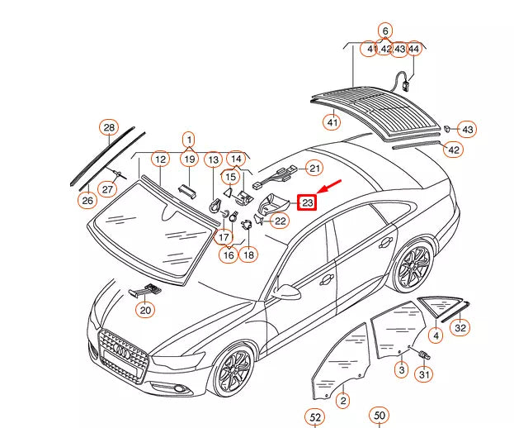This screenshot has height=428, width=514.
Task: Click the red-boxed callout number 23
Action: (307, 202)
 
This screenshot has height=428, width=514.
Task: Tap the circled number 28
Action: (109, 127)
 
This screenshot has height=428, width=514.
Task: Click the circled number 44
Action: (413, 50)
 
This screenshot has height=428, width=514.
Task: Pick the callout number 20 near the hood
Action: (145, 311)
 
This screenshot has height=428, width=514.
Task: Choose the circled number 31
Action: (424, 374)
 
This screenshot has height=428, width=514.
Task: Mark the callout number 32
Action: (460, 328)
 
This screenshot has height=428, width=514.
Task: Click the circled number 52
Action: (315, 417)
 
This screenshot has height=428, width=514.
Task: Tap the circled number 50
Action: (379, 416)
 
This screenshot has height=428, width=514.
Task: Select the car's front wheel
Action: (232, 370)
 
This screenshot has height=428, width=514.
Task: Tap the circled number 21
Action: (314, 168)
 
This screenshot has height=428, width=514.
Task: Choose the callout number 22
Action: (281, 221)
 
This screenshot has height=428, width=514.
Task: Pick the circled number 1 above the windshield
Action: (188, 139)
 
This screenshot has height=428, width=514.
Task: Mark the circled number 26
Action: (86, 200)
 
